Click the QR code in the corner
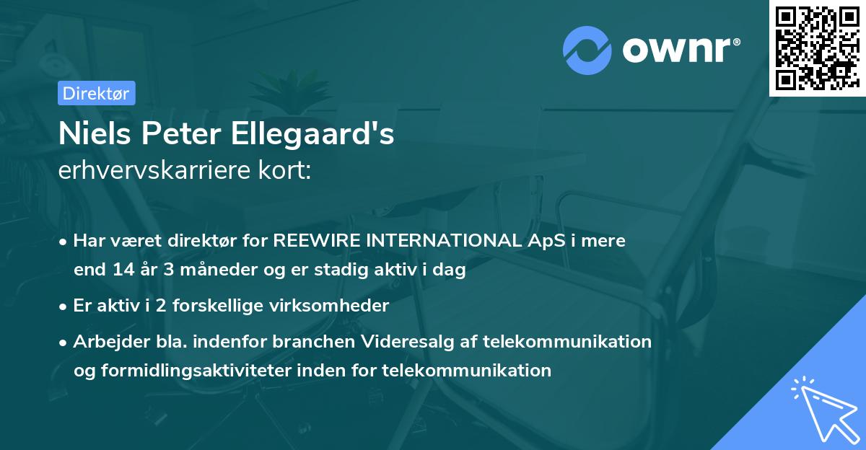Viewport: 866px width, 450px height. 816,48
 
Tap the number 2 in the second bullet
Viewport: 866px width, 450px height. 132,306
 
